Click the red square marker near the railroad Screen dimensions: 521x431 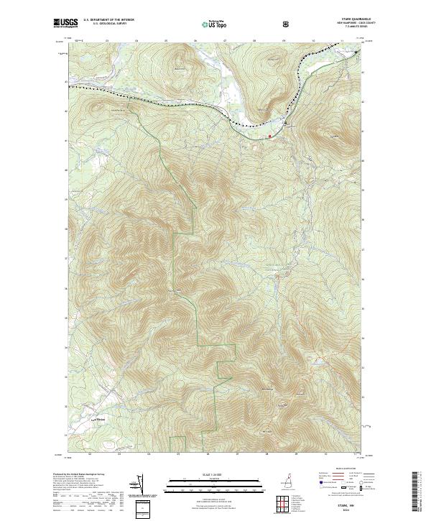point(269,135)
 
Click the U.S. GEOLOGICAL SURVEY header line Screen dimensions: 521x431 point(111,24)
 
